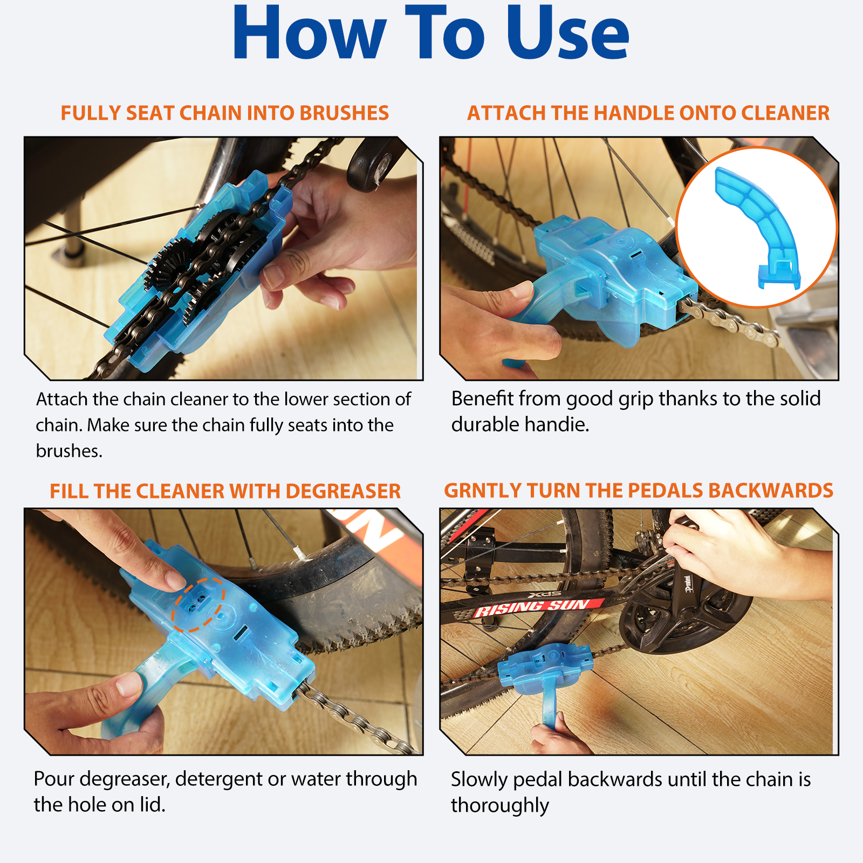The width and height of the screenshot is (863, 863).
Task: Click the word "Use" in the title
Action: (567, 33)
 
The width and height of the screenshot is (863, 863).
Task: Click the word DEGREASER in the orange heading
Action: (343, 491)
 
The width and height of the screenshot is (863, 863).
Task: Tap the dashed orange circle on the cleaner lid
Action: (198, 604)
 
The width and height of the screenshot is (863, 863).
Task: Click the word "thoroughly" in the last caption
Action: (499, 805)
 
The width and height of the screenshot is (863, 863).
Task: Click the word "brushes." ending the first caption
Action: (69, 451)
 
